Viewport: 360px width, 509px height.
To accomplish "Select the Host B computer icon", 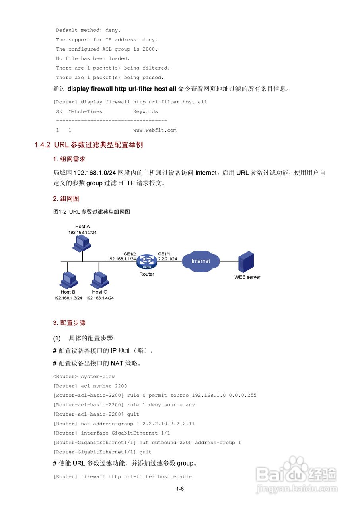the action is [x=68, y=280].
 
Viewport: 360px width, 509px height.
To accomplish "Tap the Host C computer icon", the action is [x=99, y=280].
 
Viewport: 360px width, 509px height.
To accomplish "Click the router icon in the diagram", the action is [x=147, y=262].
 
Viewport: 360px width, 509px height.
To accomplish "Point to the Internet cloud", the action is [x=200, y=261].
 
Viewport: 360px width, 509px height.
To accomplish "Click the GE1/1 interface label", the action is [x=164, y=254].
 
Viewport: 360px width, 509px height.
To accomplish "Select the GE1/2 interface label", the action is [x=130, y=254].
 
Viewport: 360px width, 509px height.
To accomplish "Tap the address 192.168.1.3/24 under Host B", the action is [x=68, y=298].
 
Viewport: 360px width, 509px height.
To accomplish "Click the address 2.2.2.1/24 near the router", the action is [x=167, y=259].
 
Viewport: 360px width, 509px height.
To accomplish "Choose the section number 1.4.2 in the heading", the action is [x=42, y=145].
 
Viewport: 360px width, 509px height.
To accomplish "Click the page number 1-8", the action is [x=180, y=489].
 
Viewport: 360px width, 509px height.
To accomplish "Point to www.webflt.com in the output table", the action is [x=155, y=130].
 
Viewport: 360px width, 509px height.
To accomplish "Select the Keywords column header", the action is [x=145, y=111].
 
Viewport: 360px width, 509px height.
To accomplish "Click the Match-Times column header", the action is [x=85, y=111].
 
